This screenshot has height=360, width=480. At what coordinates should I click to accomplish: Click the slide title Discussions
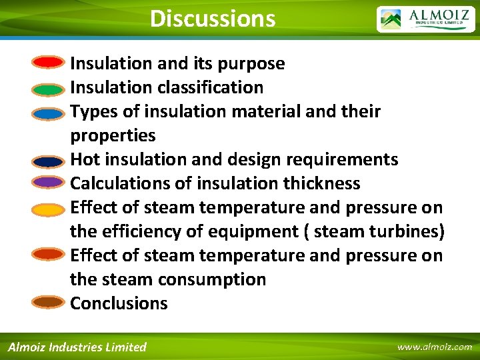tap(213, 18)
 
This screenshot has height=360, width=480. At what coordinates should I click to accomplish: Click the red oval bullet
tap(48, 63)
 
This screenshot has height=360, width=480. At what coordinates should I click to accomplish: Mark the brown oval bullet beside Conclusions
tap(48, 302)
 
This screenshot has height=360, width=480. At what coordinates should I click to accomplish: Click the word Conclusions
tap(119, 303)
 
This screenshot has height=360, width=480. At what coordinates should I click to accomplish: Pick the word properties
tap(113, 136)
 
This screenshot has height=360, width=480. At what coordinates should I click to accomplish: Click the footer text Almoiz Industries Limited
tap(77, 347)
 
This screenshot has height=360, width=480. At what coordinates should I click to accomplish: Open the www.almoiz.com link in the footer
tap(434, 347)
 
